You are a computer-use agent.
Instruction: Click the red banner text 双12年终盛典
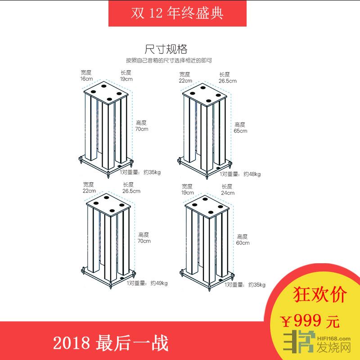[x=177, y=13]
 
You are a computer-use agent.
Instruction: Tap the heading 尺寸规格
[x=166, y=49]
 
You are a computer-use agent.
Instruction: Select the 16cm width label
[x=86, y=79]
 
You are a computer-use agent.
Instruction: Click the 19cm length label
[x=126, y=79]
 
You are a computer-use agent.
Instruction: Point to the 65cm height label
[x=240, y=131]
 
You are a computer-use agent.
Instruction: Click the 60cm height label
[x=243, y=243]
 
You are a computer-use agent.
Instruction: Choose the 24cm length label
[x=228, y=193]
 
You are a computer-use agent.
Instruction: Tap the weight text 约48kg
[x=252, y=174]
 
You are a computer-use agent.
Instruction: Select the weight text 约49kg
[x=159, y=283]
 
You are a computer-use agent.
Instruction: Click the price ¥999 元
[x=310, y=321]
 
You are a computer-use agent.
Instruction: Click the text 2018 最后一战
[x=111, y=343]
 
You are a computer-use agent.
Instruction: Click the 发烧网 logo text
[x=333, y=347]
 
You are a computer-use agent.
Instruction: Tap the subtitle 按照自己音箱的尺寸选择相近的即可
[x=169, y=61]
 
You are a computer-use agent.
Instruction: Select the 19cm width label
[x=188, y=193]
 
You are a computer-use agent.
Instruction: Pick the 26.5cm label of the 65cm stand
[x=228, y=81]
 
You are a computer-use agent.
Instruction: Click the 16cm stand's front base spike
[x=108, y=174]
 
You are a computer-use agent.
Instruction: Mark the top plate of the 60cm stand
[x=207, y=207]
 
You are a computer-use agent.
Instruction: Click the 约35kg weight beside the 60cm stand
[x=256, y=285]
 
